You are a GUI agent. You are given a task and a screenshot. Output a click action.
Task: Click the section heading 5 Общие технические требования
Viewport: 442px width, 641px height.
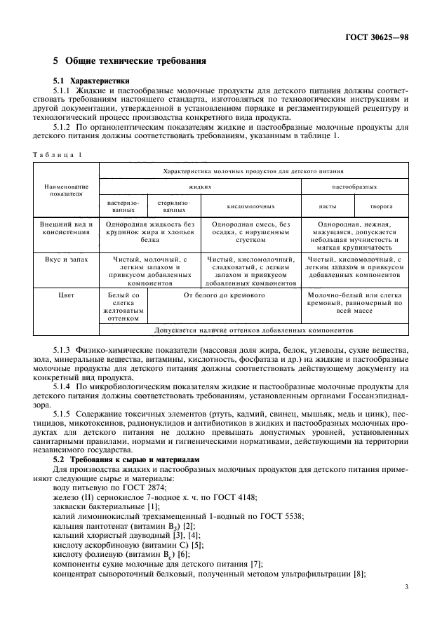pyautogui.click(x=130, y=61)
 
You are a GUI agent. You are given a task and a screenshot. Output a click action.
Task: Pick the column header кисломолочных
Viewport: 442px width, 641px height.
pyautogui.click(x=250, y=206)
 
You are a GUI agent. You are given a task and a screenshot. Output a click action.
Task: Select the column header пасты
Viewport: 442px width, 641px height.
pyautogui.click(x=327, y=206)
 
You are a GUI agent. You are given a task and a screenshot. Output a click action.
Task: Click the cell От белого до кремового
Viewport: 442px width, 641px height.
pyautogui.click(x=225, y=296)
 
